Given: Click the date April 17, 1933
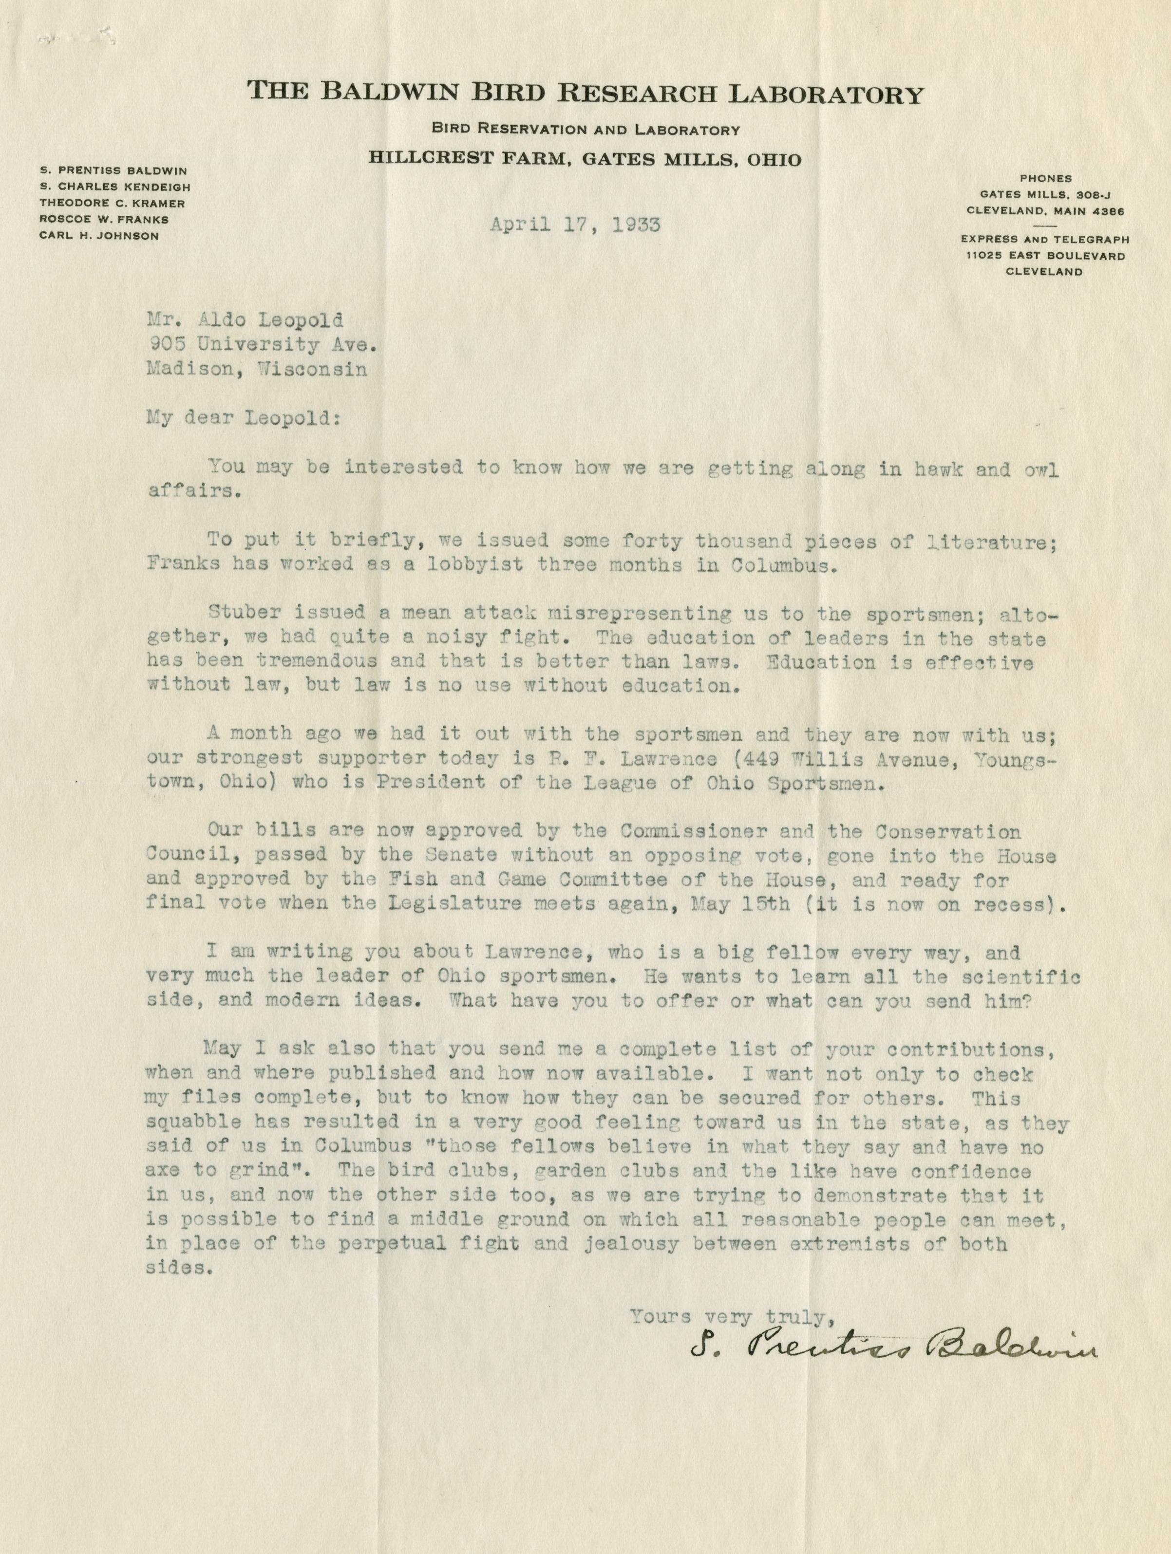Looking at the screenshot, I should (x=574, y=225).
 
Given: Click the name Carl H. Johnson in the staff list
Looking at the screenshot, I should (x=98, y=236).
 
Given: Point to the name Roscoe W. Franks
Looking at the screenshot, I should (x=103, y=219).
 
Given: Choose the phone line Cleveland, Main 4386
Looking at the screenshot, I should (x=1045, y=210).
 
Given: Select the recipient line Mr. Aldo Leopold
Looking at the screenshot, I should (x=246, y=320).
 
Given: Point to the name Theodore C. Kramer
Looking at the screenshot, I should (x=112, y=203).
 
